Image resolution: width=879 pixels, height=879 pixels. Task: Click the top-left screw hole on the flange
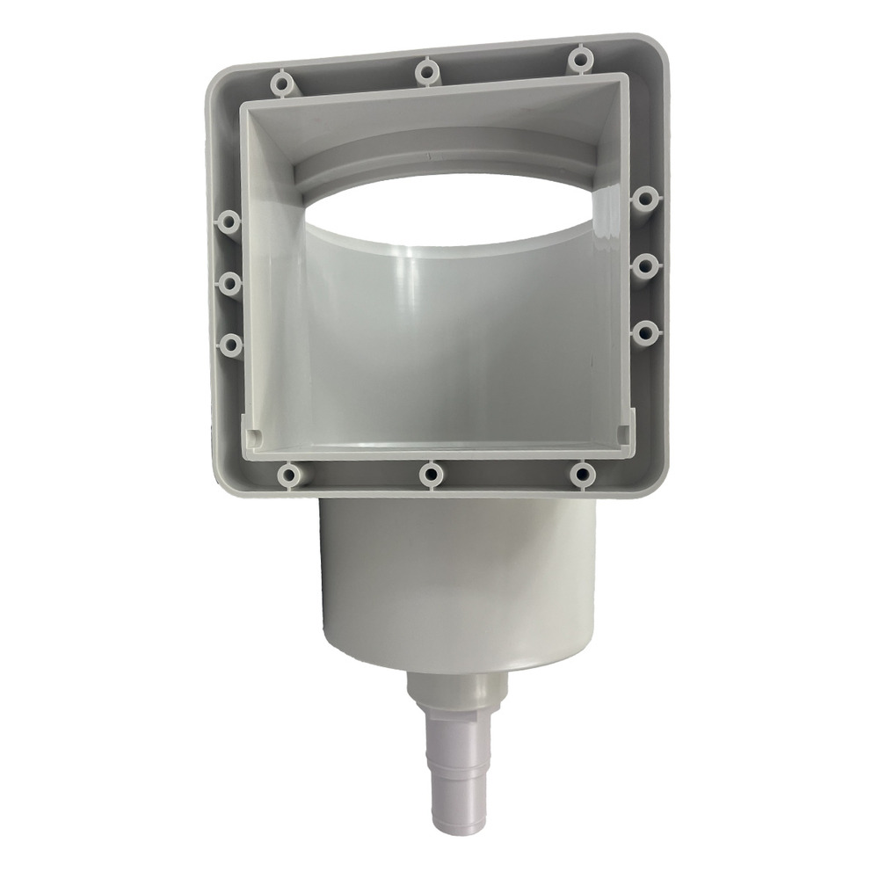(x=280, y=84)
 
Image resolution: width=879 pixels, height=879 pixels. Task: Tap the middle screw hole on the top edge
(x=427, y=70)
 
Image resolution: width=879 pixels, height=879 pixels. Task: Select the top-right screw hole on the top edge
(x=579, y=60)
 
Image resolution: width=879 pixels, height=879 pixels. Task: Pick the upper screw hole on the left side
(x=229, y=222)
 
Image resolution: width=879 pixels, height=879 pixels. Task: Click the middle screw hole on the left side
(x=229, y=283)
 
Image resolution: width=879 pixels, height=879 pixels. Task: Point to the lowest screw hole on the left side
(x=230, y=345)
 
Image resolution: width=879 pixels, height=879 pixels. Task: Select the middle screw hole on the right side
(x=645, y=265)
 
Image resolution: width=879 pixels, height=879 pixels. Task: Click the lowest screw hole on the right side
(x=645, y=331)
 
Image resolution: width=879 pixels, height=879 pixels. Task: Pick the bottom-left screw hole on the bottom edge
(x=288, y=476)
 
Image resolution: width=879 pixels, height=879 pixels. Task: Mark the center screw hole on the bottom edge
(x=431, y=476)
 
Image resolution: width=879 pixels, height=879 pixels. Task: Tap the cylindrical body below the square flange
(x=457, y=580)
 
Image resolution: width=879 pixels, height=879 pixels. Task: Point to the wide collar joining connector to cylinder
(x=458, y=691)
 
